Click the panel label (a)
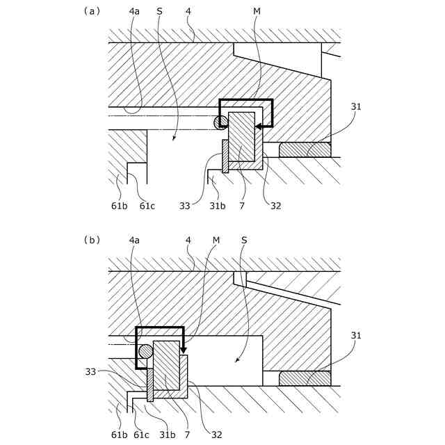tap(92, 11)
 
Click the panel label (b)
tap(92, 240)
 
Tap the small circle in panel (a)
tap(221, 122)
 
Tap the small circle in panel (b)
tap(145, 351)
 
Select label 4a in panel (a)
tap(134, 11)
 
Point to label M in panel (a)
tap(257, 11)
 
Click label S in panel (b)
tap(243, 240)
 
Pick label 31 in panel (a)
tap(356, 106)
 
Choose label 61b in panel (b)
tap(119, 435)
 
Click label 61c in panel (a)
tap(147, 206)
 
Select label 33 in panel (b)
tap(91, 372)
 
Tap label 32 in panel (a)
tap(275, 206)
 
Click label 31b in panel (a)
tap(218, 206)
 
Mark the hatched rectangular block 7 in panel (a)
tap(241, 136)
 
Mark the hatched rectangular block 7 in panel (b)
tap(166, 365)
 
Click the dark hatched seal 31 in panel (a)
tap(305, 149)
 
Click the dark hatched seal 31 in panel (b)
tap(305, 378)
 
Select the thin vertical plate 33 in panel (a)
tap(225, 156)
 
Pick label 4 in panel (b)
tap(188, 240)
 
